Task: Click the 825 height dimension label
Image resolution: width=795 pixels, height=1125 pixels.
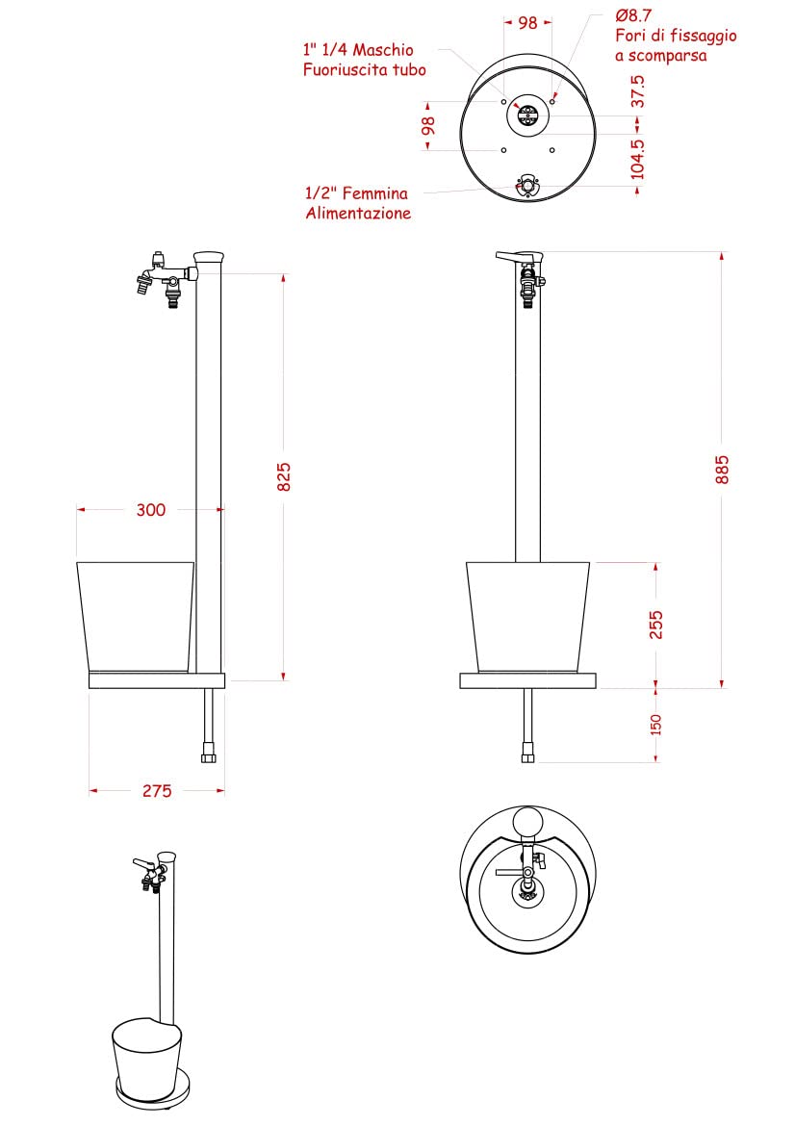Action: point(284,477)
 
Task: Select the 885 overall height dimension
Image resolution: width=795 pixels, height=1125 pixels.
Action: point(722,470)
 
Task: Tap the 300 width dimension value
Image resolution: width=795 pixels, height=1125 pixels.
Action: point(151,510)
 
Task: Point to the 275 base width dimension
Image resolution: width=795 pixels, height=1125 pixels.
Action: point(157,791)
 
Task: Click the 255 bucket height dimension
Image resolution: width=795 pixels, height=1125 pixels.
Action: point(655,625)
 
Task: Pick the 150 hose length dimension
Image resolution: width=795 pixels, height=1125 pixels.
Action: point(655,725)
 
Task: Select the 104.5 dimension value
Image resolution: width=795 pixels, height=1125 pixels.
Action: point(637,160)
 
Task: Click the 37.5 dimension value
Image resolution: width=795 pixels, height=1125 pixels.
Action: point(637,91)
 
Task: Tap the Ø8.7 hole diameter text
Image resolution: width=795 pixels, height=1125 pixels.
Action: point(633,15)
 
